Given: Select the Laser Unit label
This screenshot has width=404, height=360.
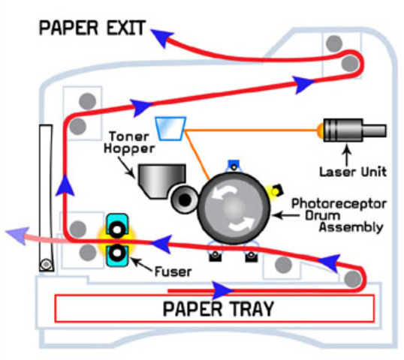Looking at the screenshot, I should (x=352, y=172).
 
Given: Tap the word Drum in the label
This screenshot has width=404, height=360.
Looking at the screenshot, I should (x=308, y=215).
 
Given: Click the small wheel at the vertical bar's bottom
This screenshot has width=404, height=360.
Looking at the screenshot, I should (x=47, y=263).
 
